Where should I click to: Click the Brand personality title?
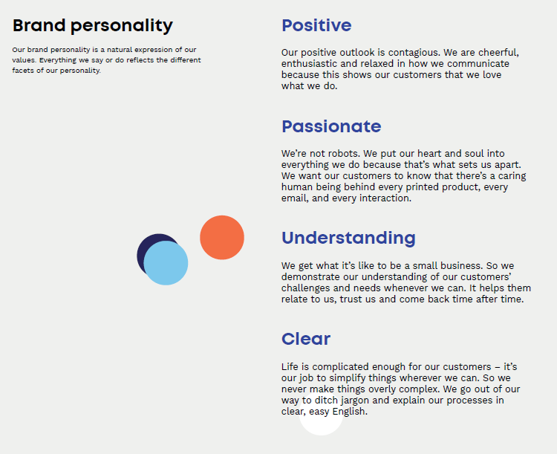(93, 26)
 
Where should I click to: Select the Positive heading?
(316, 25)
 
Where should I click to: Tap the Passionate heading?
(331, 126)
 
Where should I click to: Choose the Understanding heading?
(348, 239)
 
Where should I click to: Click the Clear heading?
(306, 339)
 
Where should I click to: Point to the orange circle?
(222, 238)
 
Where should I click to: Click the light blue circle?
(166, 263)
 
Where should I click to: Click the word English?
(350, 412)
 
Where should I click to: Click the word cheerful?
(498, 53)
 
